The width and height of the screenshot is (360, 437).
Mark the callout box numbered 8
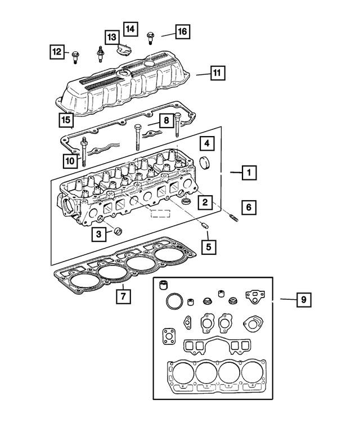(166, 120)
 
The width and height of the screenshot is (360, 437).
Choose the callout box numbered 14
(130, 28)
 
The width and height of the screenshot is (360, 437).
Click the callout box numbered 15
(66, 120)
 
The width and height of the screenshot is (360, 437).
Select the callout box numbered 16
(182, 31)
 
